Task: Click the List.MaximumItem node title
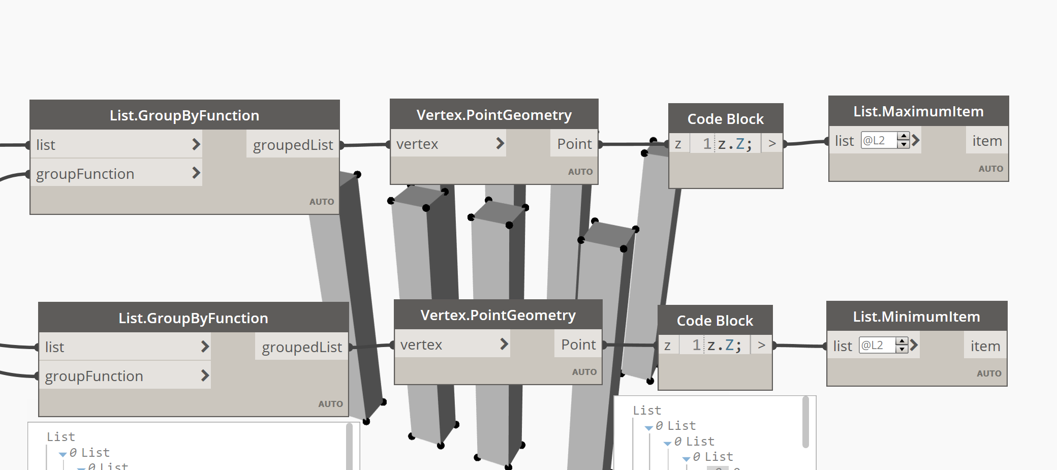coord(918,111)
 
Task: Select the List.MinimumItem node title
coord(916,317)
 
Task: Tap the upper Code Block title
coord(725,119)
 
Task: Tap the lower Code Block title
coord(714,321)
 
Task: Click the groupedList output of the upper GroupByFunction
coord(293,145)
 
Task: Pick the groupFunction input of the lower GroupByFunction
coord(94,376)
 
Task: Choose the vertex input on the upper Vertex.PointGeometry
coord(417,144)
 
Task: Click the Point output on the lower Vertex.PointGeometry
coord(578,344)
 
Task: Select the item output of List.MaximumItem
coord(987,141)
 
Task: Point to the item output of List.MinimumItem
coord(985,346)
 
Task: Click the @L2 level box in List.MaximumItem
coord(879,140)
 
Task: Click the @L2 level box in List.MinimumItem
coord(877,346)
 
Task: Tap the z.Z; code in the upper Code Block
coord(734,144)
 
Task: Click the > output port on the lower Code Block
coord(761,346)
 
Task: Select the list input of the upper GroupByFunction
coord(46,145)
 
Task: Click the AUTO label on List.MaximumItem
coord(990,169)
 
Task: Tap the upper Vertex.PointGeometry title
coord(494,115)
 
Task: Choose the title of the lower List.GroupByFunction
coord(193,318)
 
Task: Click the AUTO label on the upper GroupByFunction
coord(321,202)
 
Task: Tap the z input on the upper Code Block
coord(678,144)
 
